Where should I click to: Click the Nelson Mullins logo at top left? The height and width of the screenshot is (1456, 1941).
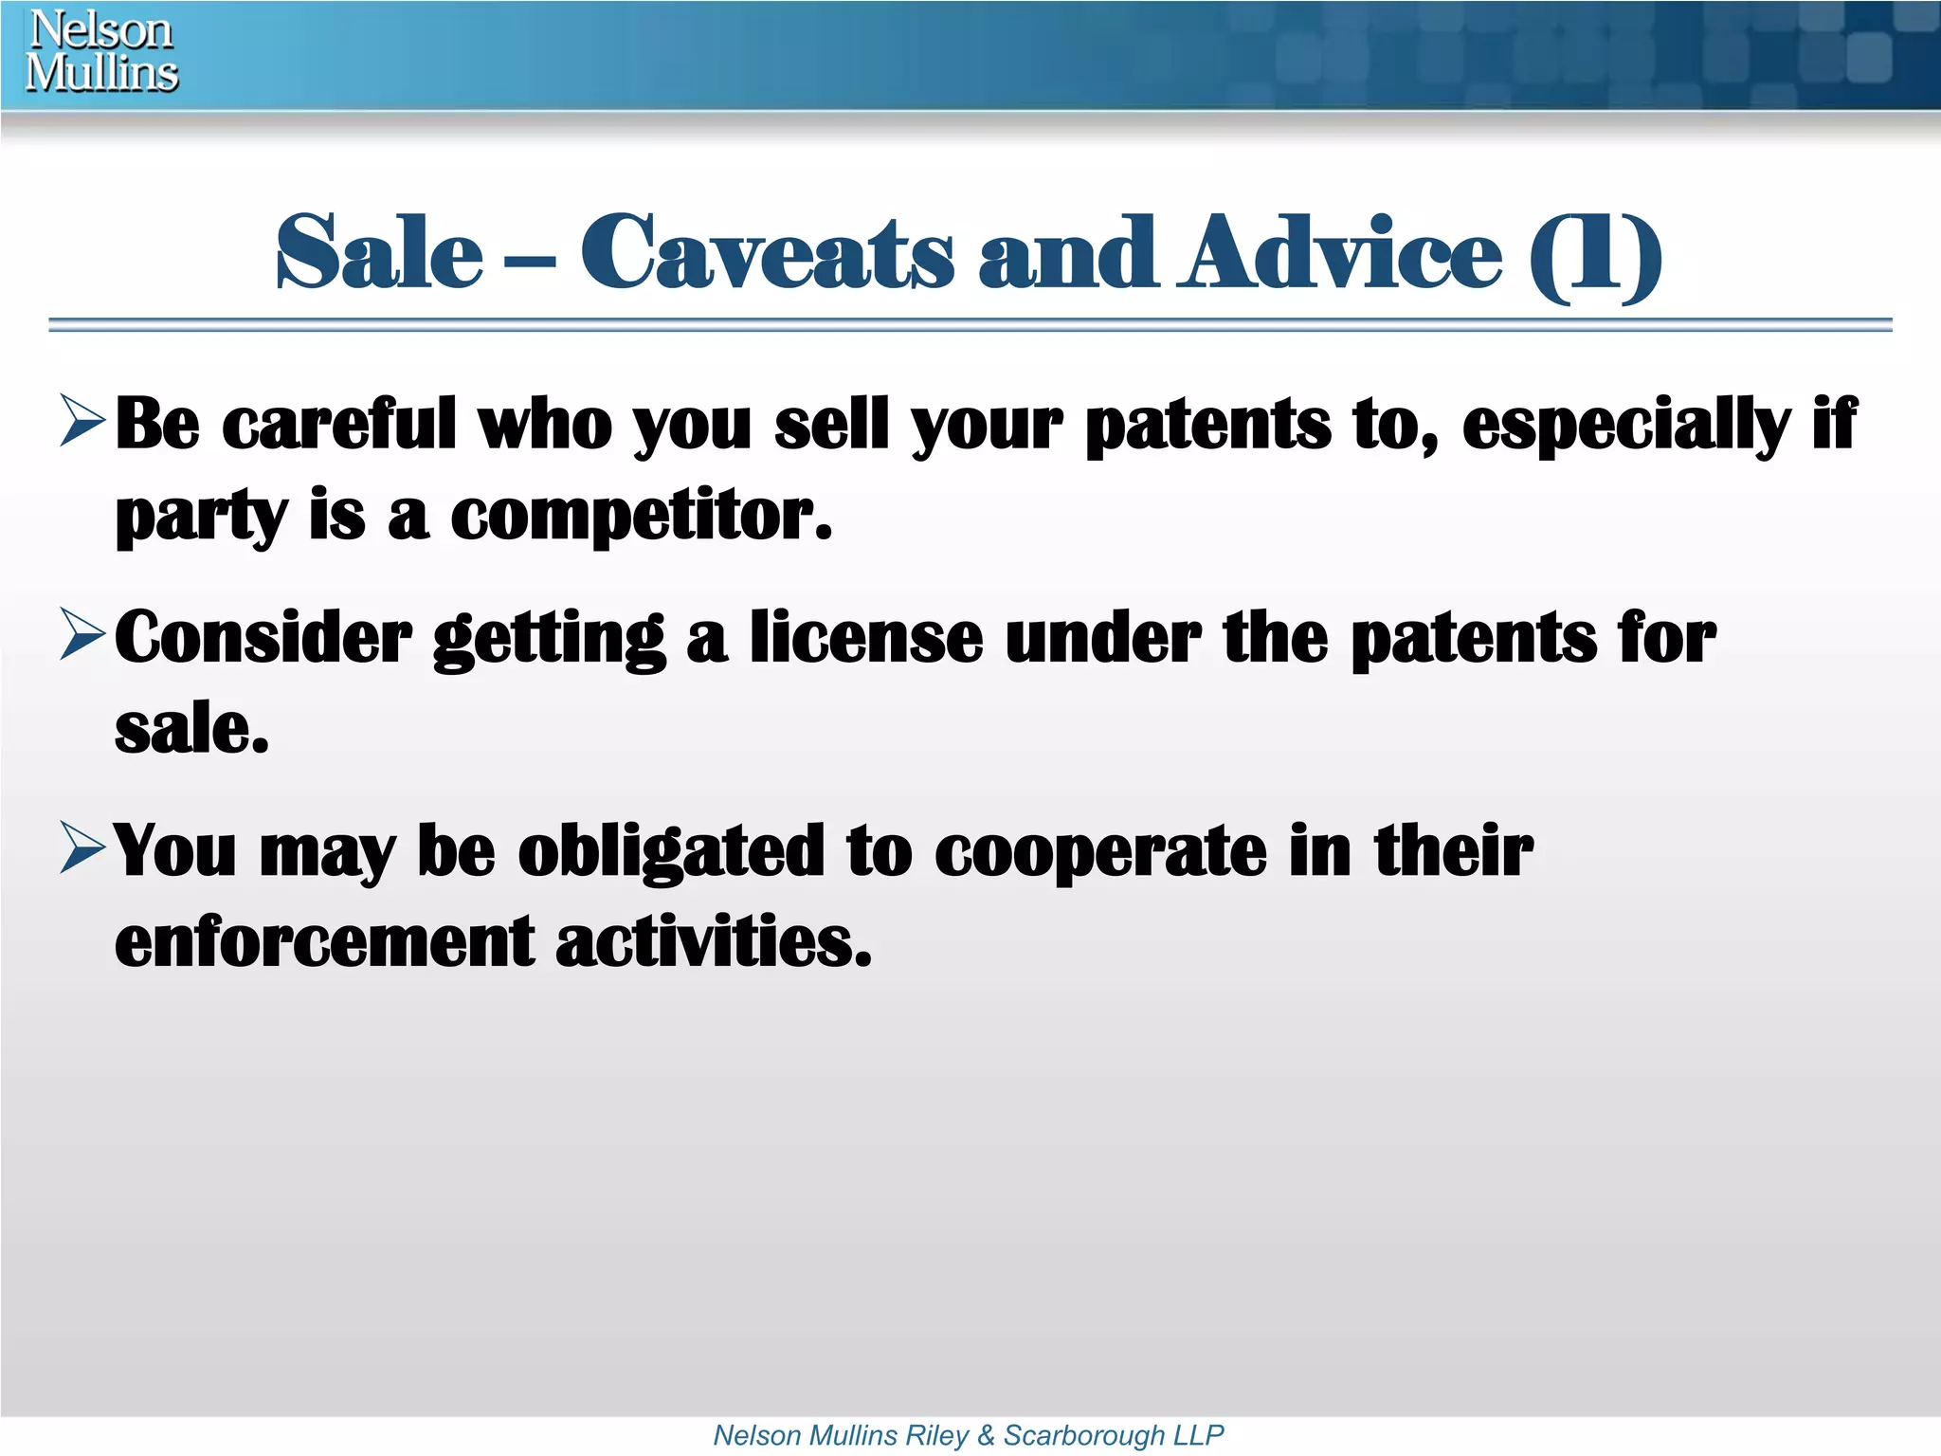pyautogui.click(x=101, y=51)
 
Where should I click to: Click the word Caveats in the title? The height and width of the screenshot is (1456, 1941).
pyautogui.click(x=767, y=253)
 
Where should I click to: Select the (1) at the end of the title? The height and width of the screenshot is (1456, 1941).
pyautogui.click(x=1595, y=256)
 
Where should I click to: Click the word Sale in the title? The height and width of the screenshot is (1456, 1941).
pyautogui.click(x=379, y=253)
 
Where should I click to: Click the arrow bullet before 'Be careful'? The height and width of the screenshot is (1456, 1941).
pyautogui.click(x=82, y=421)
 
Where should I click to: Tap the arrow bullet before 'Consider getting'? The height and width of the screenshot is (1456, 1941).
pyautogui.click(x=82, y=634)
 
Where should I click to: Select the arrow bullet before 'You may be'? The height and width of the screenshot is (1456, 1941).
pyautogui.click(x=82, y=847)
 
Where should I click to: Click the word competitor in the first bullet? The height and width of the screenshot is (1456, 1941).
pyautogui.click(x=641, y=518)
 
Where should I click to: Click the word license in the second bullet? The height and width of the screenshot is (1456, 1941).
pyautogui.click(x=866, y=637)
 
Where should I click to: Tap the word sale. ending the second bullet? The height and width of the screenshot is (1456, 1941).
pyautogui.click(x=191, y=730)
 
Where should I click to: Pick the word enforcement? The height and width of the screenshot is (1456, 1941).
pyautogui.click(x=324, y=942)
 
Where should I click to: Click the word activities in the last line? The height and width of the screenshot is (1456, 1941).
pyautogui.click(x=713, y=942)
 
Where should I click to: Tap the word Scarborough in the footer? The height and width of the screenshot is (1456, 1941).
pyautogui.click(x=1083, y=1435)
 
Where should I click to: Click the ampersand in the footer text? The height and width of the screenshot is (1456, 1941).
pyautogui.click(x=986, y=1435)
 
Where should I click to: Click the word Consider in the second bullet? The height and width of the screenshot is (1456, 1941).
pyautogui.click(x=263, y=637)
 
